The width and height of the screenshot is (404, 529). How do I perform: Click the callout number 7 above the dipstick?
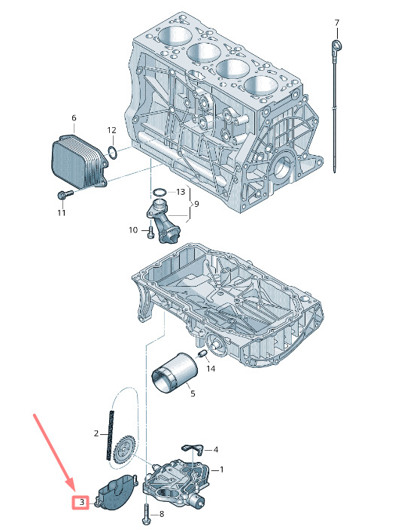tap(337, 23)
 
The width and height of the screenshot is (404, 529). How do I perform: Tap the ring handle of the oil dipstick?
tap(337, 45)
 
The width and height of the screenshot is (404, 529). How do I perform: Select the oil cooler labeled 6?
tap(80, 162)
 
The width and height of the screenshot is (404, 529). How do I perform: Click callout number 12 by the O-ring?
tap(111, 130)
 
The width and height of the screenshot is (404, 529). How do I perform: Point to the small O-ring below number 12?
tap(113, 153)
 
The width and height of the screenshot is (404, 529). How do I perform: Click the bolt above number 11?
tap(65, 195)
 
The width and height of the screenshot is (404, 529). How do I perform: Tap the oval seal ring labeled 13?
tap(159, 193)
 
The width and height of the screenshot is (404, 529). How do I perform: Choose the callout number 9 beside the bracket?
tap(196, 204)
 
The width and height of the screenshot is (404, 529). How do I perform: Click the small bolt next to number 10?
tap(150, 232)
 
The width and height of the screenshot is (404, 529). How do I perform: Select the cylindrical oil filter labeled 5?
tap(175, 372)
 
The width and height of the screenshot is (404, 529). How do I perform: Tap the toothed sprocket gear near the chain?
tap(124, 451)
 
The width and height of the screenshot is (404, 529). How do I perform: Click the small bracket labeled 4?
tap(193, 448)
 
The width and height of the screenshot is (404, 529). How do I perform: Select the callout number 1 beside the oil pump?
tap(221, 470)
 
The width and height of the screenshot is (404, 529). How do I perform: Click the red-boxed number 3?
tap(82, 503)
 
